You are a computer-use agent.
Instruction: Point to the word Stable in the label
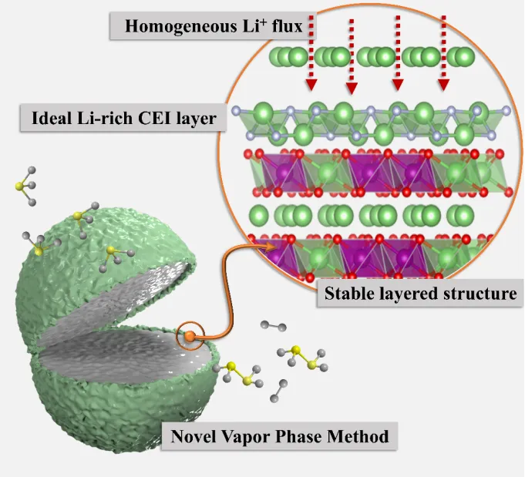click(347, 293)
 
